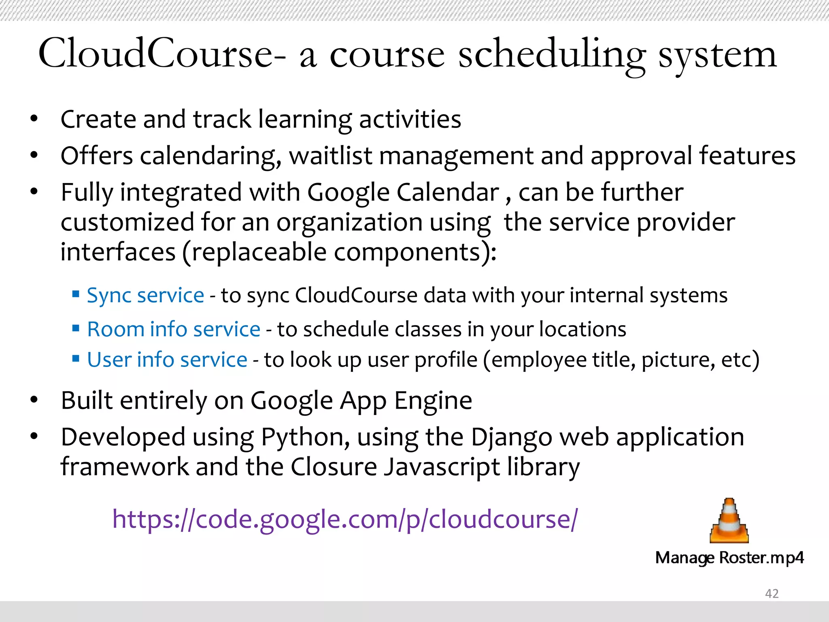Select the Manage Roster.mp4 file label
(729, 558)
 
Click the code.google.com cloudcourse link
(345, 519)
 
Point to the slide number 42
(772, 593)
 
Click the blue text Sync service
(145, 295)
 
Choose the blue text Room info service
(174, 329)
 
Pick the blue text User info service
(167, 360)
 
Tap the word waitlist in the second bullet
(330, 156)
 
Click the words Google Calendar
(403, 192)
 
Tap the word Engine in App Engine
(433, 401)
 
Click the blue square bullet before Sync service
(76, 294)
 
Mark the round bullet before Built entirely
(34, 400)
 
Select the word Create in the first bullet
(98, 119)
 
